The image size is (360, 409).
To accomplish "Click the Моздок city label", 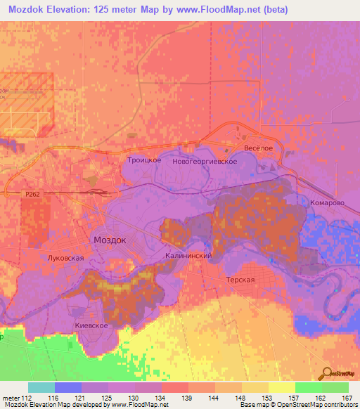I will [110, 240].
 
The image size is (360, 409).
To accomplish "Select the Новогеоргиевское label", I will [210, 162].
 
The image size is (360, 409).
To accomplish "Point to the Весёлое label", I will [258, 148].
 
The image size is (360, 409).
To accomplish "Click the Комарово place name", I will [327, 202].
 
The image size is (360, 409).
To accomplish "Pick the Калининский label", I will [188, 256].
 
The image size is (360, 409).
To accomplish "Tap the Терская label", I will [239, 279].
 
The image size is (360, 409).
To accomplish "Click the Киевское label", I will [91, 326].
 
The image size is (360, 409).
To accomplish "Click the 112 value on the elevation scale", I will [27, 398].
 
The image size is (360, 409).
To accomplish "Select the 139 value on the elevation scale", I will [188, 398].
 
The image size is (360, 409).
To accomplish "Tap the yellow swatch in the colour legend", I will [281, 387].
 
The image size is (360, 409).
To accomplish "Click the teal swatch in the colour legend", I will [41, 387].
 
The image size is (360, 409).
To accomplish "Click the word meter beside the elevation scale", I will [11, 398].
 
